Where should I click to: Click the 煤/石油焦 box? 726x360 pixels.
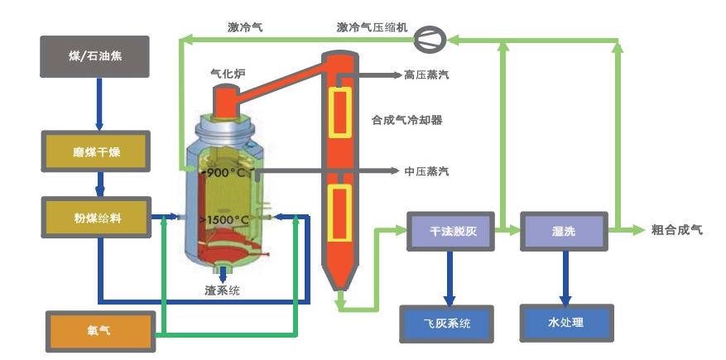[x=94, y=56]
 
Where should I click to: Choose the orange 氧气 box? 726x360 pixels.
[x=101, y=330]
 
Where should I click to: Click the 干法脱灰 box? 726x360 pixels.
[x=450, y=231]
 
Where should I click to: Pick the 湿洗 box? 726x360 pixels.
[x=565, y=231]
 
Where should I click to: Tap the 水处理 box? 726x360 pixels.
[x=566, y=323]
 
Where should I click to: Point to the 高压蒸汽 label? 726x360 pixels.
[x=427, y=75]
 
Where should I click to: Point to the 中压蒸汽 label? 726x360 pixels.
[x=427, y=172]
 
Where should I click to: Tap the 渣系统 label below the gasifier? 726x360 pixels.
[x=224, y=290]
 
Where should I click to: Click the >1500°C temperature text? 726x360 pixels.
[x=224, y=220]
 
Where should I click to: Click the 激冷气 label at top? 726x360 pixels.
[x=245, y=26]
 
